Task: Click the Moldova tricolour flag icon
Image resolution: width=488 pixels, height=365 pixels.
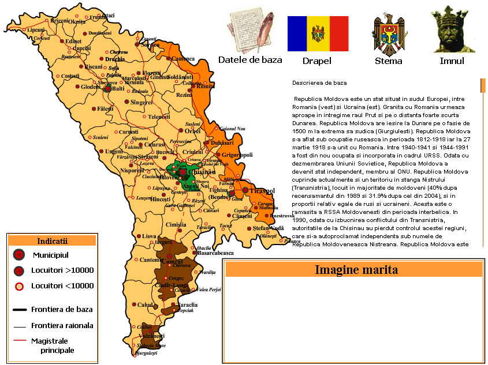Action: pyautogui.click(x=318, y=33)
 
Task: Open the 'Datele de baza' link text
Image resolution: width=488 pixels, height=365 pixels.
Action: pyautogui.click(x=249, y=60)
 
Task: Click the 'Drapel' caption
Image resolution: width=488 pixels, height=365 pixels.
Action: pyautogui.click(x=317, y=61)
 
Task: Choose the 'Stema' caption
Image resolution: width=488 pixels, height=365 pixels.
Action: pyautogui.click(x=388, y=61)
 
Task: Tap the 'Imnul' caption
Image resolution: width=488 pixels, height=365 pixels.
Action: pyautogui.click(x=452, y=61)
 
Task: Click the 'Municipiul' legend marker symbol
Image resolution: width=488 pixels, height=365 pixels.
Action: pyautogui.click(x=20, y=255)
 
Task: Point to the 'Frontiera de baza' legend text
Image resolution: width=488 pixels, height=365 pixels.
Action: pyautogui.click(x=62, y=310)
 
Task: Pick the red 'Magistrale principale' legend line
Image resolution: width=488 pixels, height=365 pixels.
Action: pyautogui.click(x=20, y=341)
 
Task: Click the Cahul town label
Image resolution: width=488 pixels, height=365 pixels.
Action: pyautogui.click(x=144, y=304)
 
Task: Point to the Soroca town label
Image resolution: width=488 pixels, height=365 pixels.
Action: pyautogui.click(x=150, y=44)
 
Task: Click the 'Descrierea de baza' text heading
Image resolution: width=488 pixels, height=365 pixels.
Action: pyautogui.click(x=319, y=83)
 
